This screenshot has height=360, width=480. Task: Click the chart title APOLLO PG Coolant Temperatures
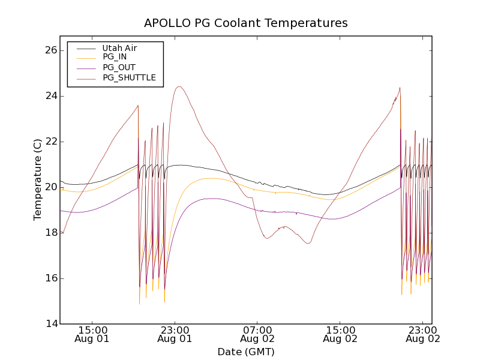[x=245, y=23]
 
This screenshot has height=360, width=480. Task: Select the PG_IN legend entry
[x=115, y=57]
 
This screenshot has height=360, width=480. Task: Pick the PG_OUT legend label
[x=119, y=67]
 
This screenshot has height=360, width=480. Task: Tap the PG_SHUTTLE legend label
[x=129, y=77]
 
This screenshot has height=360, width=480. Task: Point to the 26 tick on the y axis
[x=49, y=50]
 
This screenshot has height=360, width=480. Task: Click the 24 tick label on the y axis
[x=49, y=96]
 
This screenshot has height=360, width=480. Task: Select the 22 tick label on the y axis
[x=49, y=142]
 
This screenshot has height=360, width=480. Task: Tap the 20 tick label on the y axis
[x=49, y=187]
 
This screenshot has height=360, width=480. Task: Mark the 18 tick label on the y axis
[x=49, y=233]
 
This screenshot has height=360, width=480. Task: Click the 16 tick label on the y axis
[x=49, y=278]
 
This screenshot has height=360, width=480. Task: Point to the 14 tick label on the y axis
[x=49, y=324]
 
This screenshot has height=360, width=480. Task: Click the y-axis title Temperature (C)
[x=38, y=179]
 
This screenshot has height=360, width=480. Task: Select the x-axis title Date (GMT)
[x=245, y=352]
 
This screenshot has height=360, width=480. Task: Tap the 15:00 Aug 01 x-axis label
[x=92, y=334]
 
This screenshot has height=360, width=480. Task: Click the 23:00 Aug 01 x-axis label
[x=175, y=334]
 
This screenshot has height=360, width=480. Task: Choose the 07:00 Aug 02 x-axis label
[x=257, y=334]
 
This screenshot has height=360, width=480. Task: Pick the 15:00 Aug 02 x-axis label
[x=340, y=334]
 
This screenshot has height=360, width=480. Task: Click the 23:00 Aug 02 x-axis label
[x=422, y=334]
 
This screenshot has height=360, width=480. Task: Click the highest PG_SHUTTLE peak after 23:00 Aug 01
[x=179, y=86]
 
